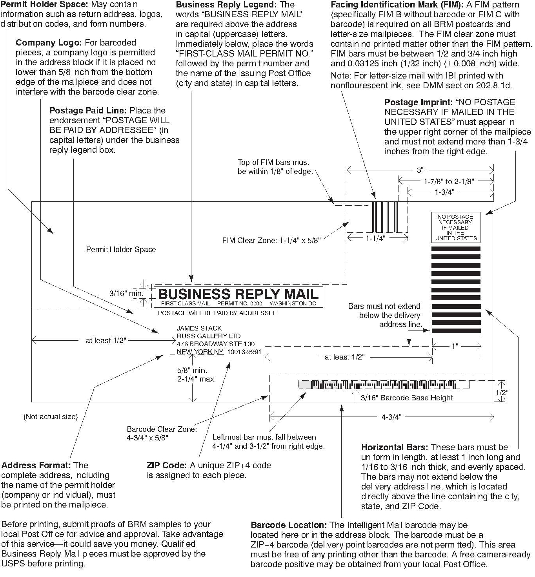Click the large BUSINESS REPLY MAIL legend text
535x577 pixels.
pyautogui.click(x=238, y=294)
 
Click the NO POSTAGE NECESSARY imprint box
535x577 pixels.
pyautogui.click(x=455, y=227)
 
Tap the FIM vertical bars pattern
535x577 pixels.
pyautogui.click(x=385, y=217)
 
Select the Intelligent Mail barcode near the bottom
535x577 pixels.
pyautogui.click(x=384, y=385)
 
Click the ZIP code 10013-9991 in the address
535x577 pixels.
pyautogui.click(x=244, y=352)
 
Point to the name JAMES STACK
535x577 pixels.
pyautogui.click(x=199, y=328)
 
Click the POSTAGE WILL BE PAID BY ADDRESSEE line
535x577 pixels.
pyautogui.click(x=217, y=313)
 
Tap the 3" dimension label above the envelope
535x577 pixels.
pyautogui.click(x=420, y=170)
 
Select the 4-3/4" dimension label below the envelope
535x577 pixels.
pyautogui.click(x=391, y=417)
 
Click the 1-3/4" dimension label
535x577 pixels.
pyautogui.click(x=444, y=192)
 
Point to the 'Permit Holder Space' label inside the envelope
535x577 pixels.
pyautogui.click(x=121, y=250)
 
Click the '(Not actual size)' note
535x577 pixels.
pyautogui.click(x=51, y=416)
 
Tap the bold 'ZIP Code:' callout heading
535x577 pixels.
pyautogui.click(x=167, y=466)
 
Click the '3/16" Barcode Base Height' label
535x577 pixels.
pyautogui.click(x=407, y=398)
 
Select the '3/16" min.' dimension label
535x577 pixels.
pyautogui.click(x=126, y=293)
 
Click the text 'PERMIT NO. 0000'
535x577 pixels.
pyautogui.click(x=239, y=304)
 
